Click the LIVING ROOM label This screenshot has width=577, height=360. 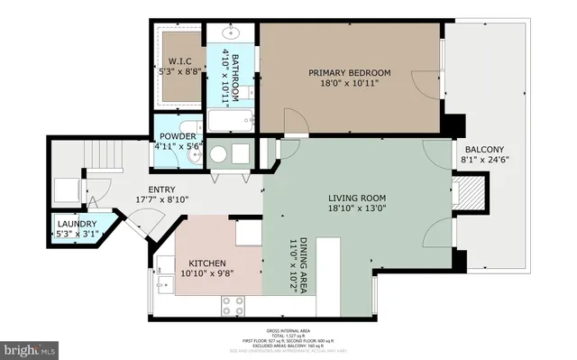(x=359, y=198)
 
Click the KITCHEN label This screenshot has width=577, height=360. (x=206, y=264)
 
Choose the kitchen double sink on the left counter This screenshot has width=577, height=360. (x=163, y=276)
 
